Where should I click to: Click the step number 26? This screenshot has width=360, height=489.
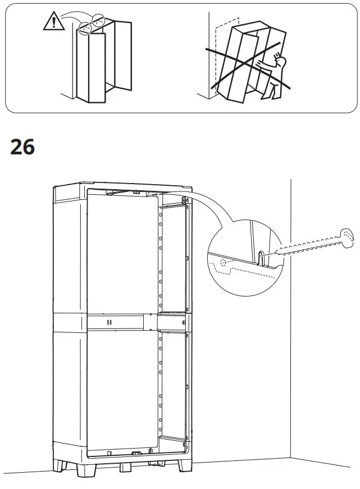[22, 147]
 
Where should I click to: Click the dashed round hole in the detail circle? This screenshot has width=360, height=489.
[224, 263]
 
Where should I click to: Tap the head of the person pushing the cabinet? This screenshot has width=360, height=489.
[281, 60]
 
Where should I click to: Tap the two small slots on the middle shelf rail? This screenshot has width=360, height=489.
[109, 322]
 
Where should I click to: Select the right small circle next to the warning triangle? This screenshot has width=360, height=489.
[99, 20]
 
